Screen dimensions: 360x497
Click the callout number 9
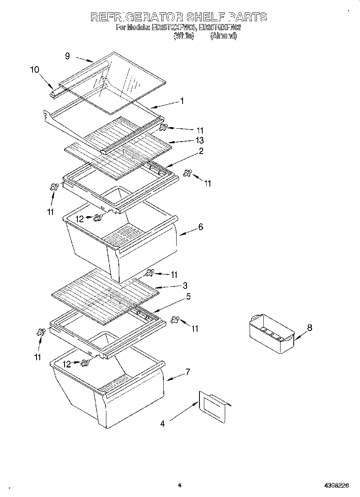click(x=67, y=57)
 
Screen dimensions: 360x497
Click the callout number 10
click(x=35, y=69)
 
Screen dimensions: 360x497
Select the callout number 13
click(x=199, y=140)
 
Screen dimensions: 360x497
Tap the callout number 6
click(x=201, y=227)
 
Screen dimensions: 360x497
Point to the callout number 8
click(x=309, y=328)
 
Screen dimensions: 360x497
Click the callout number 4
click(x=163, y=424)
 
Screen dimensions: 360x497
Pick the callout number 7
click(x=187, y=372)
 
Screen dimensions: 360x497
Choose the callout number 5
click(x=188, y=297)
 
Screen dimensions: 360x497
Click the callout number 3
click(x=185, y=285)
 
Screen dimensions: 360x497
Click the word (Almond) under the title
click(x=224, y=36)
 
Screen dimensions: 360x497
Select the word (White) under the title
click(x=184, y=36)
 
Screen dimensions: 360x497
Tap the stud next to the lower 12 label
click(x=85, y=363)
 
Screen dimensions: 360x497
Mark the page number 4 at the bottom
click(x=180, y=485)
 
